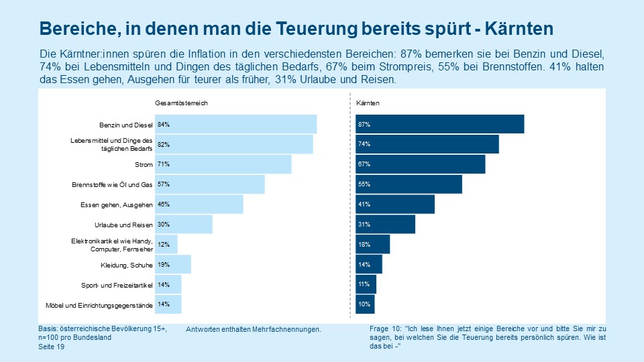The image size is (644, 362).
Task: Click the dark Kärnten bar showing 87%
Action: (x=440, y=124)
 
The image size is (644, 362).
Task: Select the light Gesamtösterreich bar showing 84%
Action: (x=236, y=124)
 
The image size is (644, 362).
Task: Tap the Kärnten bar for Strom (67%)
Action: (x=421, y=164)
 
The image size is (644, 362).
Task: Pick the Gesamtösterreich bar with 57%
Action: (x=210, y=184)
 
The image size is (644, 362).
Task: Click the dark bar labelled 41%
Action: (x=395, y=204)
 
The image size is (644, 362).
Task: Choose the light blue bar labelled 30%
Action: (x=184, y=225)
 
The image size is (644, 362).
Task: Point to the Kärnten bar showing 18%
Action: (x=373, y=245)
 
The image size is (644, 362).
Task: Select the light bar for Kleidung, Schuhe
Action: (x=173, y=264)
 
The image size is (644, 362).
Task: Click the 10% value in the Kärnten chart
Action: (x=364, y=304)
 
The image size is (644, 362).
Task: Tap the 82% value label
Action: (x=163, y=144)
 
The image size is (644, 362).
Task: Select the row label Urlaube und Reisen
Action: (x=124, y=225)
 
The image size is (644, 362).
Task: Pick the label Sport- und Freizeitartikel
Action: (x=117, y=285)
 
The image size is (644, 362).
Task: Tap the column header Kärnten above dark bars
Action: (x=368, y=103)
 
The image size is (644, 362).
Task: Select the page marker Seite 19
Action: (x=52, y=347)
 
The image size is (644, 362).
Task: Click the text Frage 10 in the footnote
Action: (x=385, y=329)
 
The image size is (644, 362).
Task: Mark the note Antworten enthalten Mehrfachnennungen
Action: (x=253, y=330)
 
